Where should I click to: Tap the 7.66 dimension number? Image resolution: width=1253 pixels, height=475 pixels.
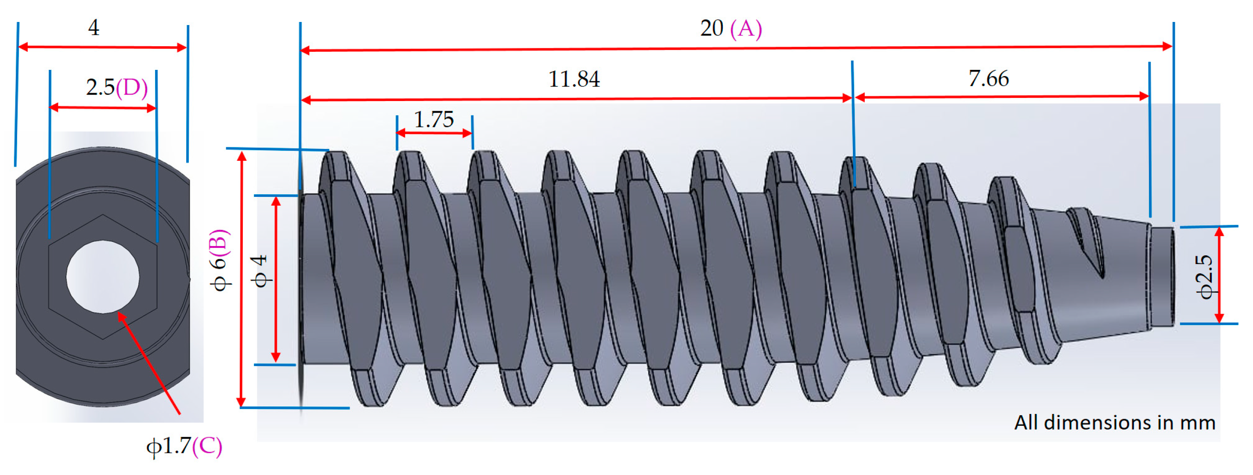pos(989,79)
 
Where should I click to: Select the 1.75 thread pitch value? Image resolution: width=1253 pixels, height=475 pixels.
pos(433,120)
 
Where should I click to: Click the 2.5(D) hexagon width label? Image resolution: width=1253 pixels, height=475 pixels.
pos(117,87)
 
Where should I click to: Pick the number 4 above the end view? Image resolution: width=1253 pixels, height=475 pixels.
pos(94,28)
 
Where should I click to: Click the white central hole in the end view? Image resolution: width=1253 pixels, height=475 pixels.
pos(103,276)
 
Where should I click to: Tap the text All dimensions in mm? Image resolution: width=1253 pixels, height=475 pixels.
pos(1114,422)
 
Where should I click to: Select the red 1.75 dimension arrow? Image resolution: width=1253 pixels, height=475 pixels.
pos(434,132)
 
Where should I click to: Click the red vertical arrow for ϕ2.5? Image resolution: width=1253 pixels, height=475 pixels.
pos(1219,275)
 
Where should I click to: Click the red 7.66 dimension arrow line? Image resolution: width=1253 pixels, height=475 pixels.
pos(1002,97)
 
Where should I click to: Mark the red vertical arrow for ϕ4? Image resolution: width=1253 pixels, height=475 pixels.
pos(276,279)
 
